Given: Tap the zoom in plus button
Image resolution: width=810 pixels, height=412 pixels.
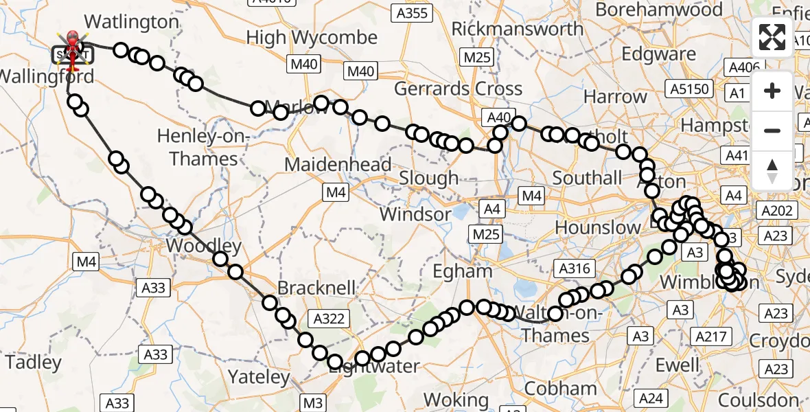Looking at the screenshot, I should coord(772,91).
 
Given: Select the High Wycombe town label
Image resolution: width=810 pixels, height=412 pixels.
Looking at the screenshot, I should coord(312,38).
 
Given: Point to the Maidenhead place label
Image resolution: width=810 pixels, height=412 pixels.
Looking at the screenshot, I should coord(338,165).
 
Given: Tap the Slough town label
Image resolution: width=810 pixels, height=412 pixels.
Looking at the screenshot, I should coord(429,179).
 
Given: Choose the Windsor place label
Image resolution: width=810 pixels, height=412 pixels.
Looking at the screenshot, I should coord(415,214).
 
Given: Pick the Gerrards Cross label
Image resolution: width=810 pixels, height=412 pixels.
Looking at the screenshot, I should coord(458,89).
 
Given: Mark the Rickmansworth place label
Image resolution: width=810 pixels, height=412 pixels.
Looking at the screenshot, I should coord(518,29).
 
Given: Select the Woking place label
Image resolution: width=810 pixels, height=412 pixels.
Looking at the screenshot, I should coord(455,399).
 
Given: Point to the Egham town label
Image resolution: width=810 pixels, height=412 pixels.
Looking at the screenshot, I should coord(463,271).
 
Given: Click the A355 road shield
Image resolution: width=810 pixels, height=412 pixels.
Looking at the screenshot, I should coord(412,12).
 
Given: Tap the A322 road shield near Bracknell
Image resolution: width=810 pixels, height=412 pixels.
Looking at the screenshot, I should coord(329,318).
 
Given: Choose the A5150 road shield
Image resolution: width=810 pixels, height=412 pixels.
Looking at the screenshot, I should coord(689,88).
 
